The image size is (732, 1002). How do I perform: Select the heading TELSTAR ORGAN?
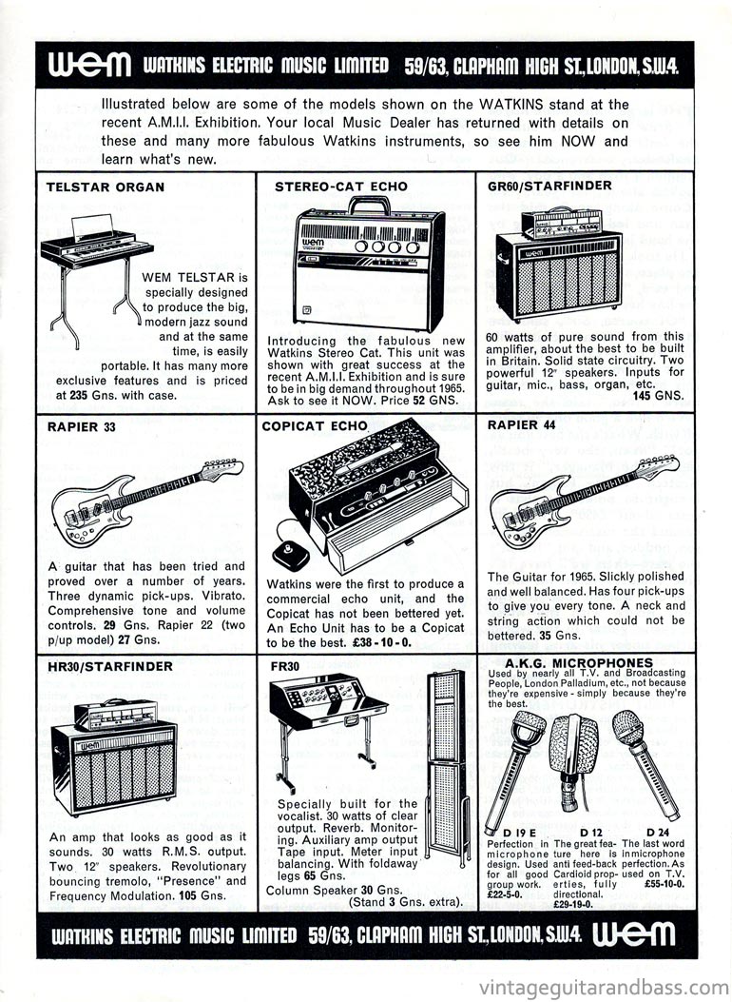[x=106, y=187]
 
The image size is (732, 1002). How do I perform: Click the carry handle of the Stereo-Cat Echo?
[x=369, y=204]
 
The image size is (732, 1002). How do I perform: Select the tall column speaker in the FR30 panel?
[x=446, y=742]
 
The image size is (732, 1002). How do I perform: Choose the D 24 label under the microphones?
[x=655, y=833]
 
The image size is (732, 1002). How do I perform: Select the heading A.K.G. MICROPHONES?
[x=580, y=662]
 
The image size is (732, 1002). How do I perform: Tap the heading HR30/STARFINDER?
[x=109, y=667]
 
